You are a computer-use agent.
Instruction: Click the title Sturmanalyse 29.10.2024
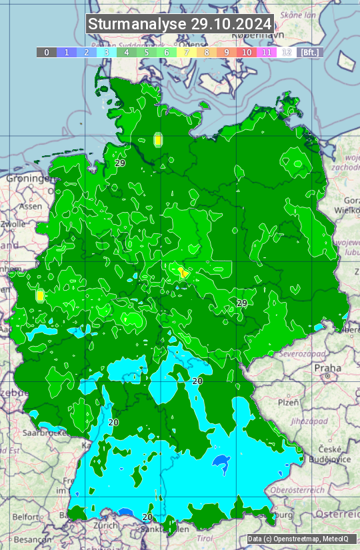click(x=180, y=24)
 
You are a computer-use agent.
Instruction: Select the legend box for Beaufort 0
click(x=47, y=52)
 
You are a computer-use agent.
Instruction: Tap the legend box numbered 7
click(x=187, y=52)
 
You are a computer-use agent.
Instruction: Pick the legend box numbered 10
click(x=247, y=52)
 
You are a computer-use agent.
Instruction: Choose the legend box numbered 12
click(x=287, y=52)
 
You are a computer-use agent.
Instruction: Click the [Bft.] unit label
click(x=310, y=52)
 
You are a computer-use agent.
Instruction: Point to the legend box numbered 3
click(x=107, y=52)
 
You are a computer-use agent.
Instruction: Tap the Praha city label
click(x=328, y=367)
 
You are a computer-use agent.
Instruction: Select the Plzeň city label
click(x=288, y=402)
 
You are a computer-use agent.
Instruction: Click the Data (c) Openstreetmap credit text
click(x=298, y=539)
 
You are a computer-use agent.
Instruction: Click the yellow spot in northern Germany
click(x=158, y=140)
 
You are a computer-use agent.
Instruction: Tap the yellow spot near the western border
click(x=40, y=295)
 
